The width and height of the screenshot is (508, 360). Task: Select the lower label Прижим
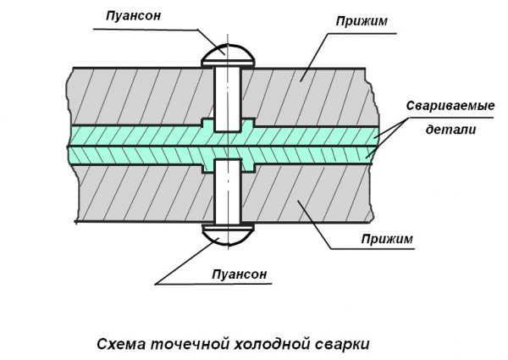tap(385, 239)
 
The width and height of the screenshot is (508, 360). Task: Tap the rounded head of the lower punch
tap(226, 232)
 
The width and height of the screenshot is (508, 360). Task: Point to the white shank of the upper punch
tap(226, 97)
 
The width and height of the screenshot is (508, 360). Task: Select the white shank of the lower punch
tap(226, 191)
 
